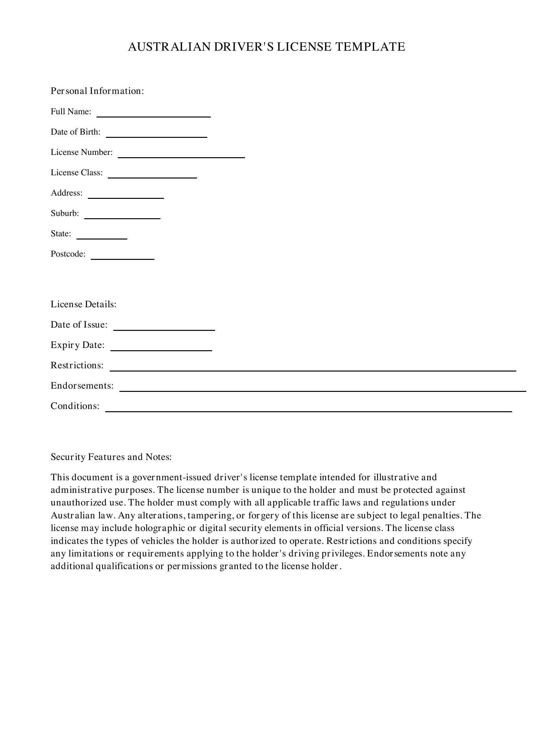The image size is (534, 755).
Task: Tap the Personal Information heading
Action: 97,91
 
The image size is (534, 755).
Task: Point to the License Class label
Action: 77,173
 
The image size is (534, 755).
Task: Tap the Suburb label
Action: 65,213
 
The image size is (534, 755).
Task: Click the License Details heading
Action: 84,304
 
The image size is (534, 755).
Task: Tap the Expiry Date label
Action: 77,345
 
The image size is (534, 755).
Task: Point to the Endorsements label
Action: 82,386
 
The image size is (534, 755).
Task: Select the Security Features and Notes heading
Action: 111,457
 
